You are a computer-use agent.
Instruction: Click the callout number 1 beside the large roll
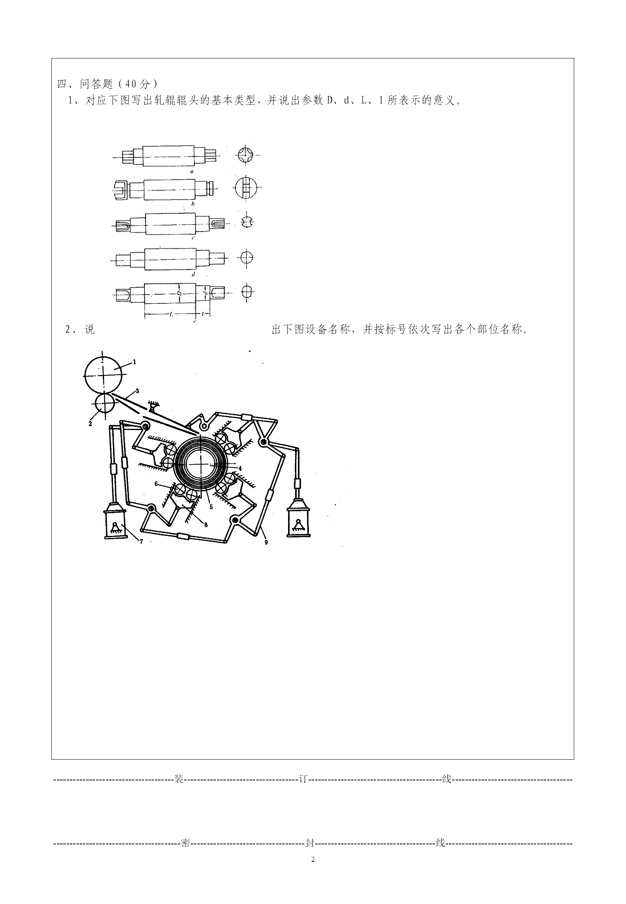pyautogui.click(x=134, y=362)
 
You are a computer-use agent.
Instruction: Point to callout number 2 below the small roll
pyautogui.click(x=90, y=424)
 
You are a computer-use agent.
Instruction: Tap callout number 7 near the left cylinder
pyautogui.click(x=141, y=542)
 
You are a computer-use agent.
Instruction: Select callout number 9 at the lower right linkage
pyautogui.click(x=266, y=542)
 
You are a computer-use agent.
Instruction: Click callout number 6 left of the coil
pyautogui.click(x=156, y=484)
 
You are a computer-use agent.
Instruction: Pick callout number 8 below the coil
pyautogui.click(x=206, y=525)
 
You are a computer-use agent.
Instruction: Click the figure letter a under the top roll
pyautogui.click(x=192, y=171)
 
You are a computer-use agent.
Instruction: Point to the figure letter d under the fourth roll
pyautogui.click(x=193, y=274)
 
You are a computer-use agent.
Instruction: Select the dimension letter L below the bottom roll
pyautogui.click(x=171, y=313)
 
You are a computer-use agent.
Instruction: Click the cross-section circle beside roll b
pyautogui.click(x=246, y=187)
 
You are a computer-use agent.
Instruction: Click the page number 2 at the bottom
pyautogui.click(x=313, y=859)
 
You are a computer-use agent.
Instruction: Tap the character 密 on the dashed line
pyautogui.click(x=185, y=843)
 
